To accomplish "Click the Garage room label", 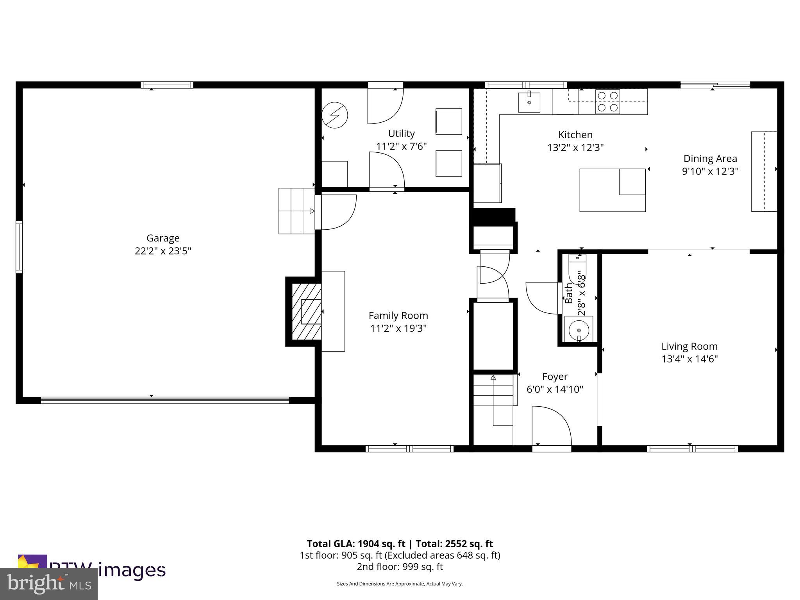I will point(163,238).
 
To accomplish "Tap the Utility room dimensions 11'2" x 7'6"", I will point(401,146).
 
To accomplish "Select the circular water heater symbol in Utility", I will point(335,115).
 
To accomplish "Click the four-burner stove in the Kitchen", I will point(607,102).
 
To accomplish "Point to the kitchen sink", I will point(529,102).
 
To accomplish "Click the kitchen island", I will point(612,190).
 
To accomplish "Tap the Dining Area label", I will point(710,159).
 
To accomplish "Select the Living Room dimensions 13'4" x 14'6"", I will point(689,359).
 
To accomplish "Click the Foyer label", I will point(555,377).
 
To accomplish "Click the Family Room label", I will point(398,316).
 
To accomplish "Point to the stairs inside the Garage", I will point(296,211).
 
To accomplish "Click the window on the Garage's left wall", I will point(19,246).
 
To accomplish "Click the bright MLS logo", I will point(48,584).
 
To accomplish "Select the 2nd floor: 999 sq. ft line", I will point(400,566).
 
